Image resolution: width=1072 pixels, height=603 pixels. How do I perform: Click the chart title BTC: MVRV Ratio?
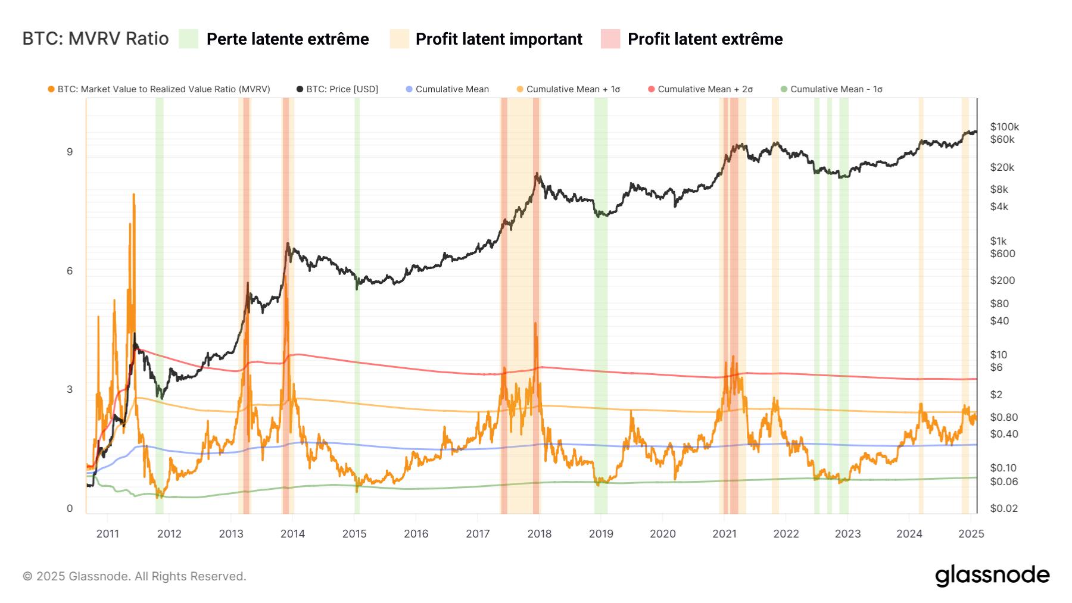coord(95,39)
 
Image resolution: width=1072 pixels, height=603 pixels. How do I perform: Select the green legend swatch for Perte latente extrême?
coord(188,39)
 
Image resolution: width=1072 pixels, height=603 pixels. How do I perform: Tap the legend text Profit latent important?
coord(498,39)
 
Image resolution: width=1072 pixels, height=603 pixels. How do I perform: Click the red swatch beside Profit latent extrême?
coord(610,39)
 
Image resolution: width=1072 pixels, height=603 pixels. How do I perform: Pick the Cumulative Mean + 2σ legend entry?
coord(705,89)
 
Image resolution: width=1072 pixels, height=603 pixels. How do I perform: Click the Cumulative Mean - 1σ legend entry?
coord(836,89)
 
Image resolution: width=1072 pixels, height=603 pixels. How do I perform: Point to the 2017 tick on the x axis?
coord(478,533)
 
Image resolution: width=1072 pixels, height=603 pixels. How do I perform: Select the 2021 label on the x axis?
coord(724,533)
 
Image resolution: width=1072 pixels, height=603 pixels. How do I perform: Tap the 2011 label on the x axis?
coord(108,533)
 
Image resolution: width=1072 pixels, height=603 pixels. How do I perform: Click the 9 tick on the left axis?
coord(70,152)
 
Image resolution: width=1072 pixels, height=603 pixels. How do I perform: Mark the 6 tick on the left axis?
coord(70,271)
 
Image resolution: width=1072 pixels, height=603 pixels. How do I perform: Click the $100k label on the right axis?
coord(1004,127)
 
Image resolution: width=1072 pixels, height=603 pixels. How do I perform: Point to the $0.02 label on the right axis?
coord(1004,508)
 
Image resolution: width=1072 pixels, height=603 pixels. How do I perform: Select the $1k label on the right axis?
coord(998,241)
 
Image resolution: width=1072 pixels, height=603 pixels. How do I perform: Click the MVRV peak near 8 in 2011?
coord(133,195)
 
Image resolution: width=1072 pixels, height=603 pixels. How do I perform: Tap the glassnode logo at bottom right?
coord(992,576)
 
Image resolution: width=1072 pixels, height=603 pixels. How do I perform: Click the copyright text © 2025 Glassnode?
coord(134,576)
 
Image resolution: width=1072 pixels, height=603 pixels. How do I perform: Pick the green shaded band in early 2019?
coord(600,298)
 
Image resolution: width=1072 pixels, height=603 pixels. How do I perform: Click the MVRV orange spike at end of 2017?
coord(535,324)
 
